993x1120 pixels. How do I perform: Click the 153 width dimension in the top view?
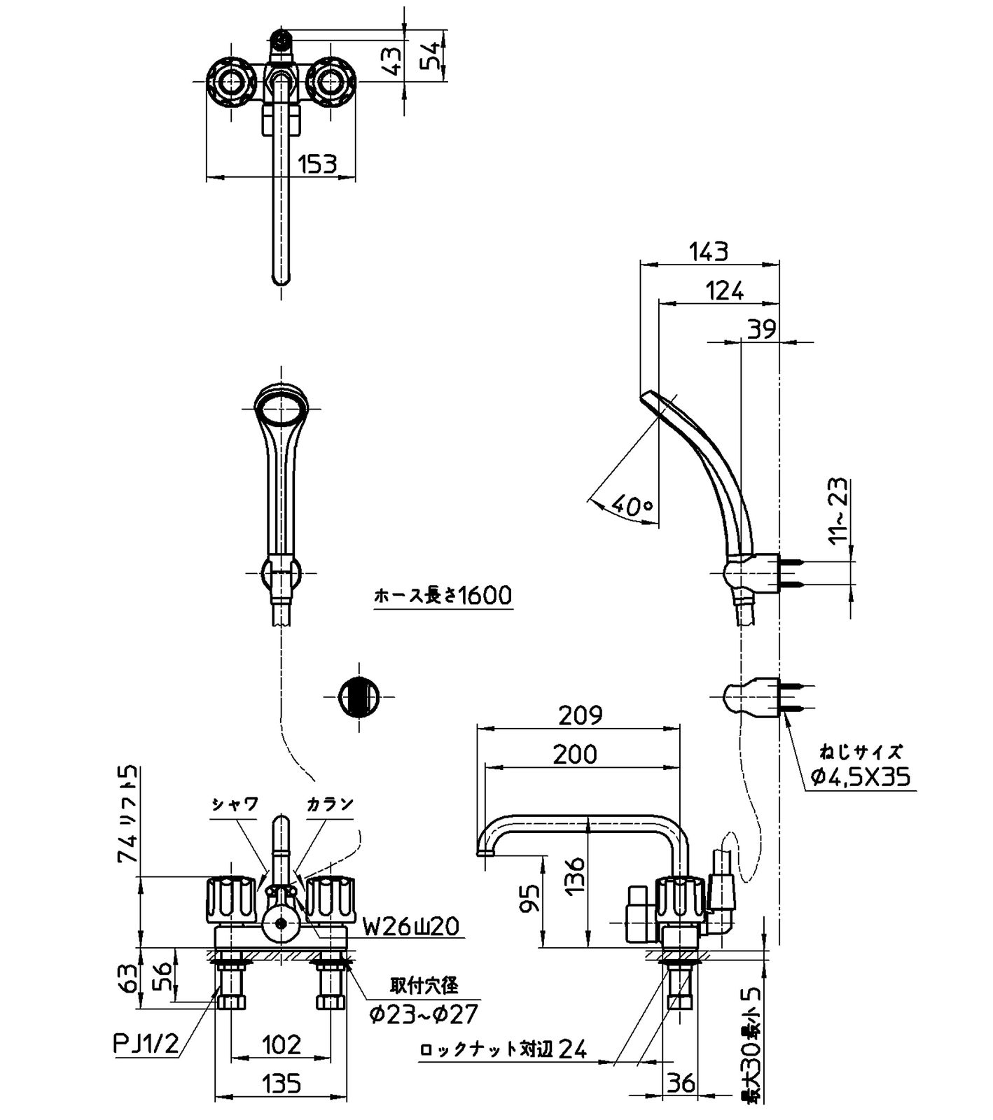tap(317, 164)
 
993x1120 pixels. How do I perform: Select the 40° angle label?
tap(632, 504)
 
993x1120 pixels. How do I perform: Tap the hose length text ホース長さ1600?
tap(443, 596)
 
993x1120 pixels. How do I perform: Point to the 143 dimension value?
tap(709, 251)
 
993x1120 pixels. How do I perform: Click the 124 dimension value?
tap(724, 290)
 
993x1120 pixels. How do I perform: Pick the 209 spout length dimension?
tap(580, 715)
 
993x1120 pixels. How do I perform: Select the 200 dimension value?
tap(575, 754)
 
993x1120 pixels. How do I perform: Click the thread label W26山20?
tap(410, 927)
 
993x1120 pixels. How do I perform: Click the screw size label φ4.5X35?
tap(861, 776)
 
